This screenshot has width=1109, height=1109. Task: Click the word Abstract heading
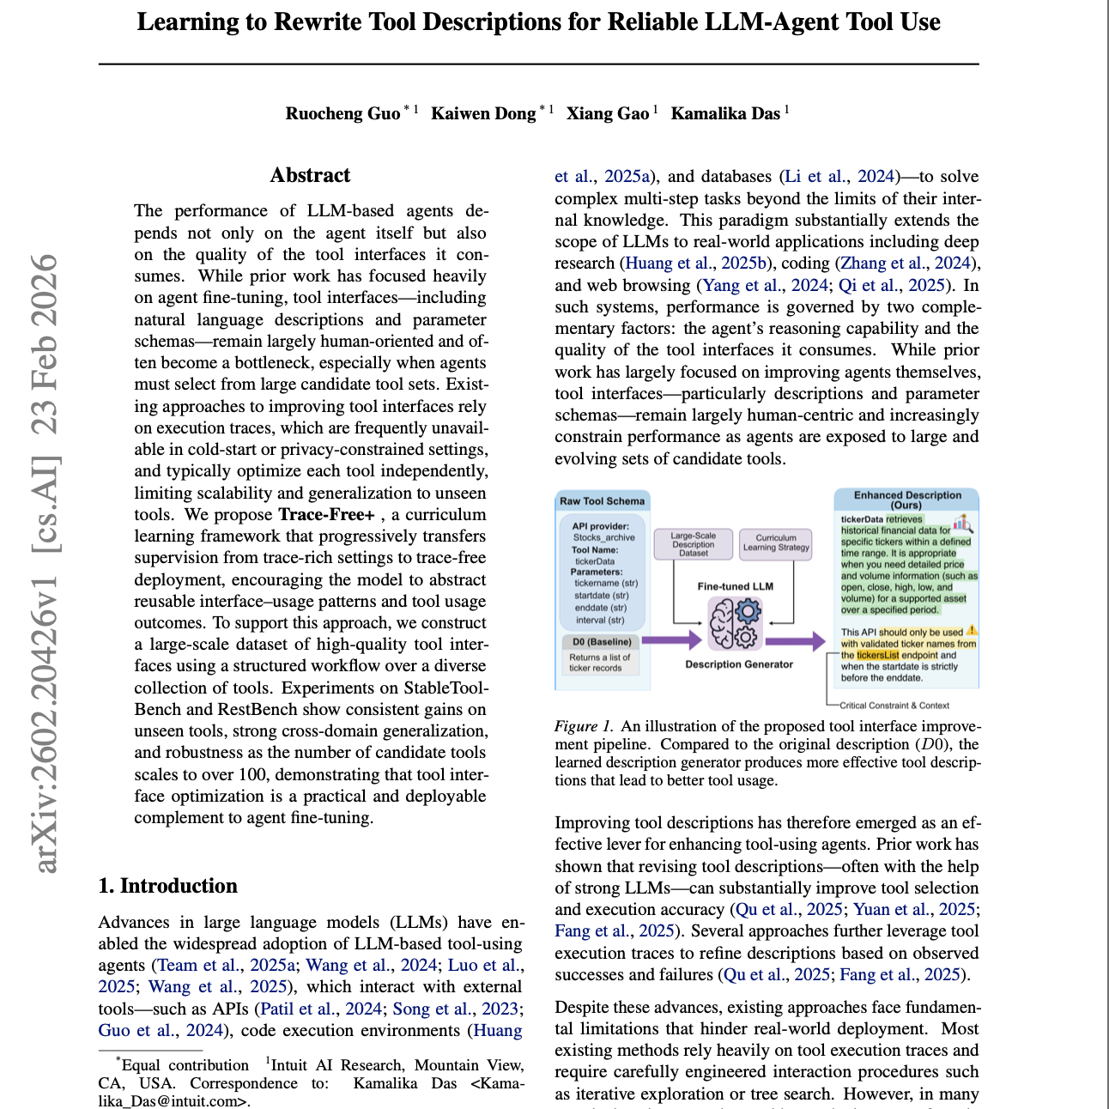click(310, 175)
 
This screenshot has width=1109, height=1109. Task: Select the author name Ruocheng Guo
click(342, 113)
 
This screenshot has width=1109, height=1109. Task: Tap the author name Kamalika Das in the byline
click(725, 113)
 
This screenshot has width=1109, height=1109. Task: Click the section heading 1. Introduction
click(167, 886)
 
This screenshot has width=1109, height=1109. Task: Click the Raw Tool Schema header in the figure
click(602, 501)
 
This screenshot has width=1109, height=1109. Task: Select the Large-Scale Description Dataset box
click(694, 544)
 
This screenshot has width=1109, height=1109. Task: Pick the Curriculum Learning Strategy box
click(776, 543)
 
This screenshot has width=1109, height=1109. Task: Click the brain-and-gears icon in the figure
click(735, 623)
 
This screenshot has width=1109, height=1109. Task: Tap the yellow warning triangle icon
click(972, 631)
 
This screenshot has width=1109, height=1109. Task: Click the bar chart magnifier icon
click(963, 523)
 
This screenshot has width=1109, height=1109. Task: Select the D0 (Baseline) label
click(602, 641)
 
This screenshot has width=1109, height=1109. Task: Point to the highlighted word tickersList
click(877, 655)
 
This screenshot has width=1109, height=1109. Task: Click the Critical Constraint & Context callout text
click(894, 706)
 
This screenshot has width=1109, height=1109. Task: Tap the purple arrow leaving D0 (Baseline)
click(671, 639)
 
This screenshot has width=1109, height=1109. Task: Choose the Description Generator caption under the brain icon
click(739, 664)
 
